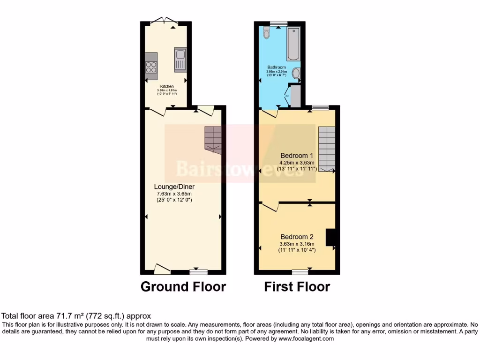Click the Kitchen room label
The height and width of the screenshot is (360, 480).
tap(167, 86)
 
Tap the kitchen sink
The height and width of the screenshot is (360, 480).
tap(180, 60)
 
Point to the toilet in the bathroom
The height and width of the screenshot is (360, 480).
tap(266, 32)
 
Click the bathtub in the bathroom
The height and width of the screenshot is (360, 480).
tap(293, 45)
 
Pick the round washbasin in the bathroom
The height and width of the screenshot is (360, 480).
tap(296, 73)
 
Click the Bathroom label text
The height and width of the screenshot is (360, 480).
tap(277, 67)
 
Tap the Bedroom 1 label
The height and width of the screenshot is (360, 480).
tap(296, 156)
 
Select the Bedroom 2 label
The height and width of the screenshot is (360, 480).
tap(296, 237)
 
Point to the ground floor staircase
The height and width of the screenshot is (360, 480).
tap(213, 139)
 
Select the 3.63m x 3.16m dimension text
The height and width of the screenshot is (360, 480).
tap(297, 244)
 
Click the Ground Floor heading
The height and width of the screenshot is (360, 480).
tap(183, 286)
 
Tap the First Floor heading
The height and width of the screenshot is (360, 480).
tap(297, 286)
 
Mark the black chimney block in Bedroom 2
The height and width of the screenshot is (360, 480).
tap(331, 237)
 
